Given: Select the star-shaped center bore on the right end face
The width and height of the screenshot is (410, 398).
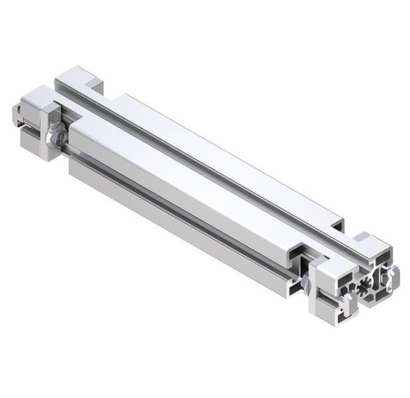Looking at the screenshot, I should click(365, 288).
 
